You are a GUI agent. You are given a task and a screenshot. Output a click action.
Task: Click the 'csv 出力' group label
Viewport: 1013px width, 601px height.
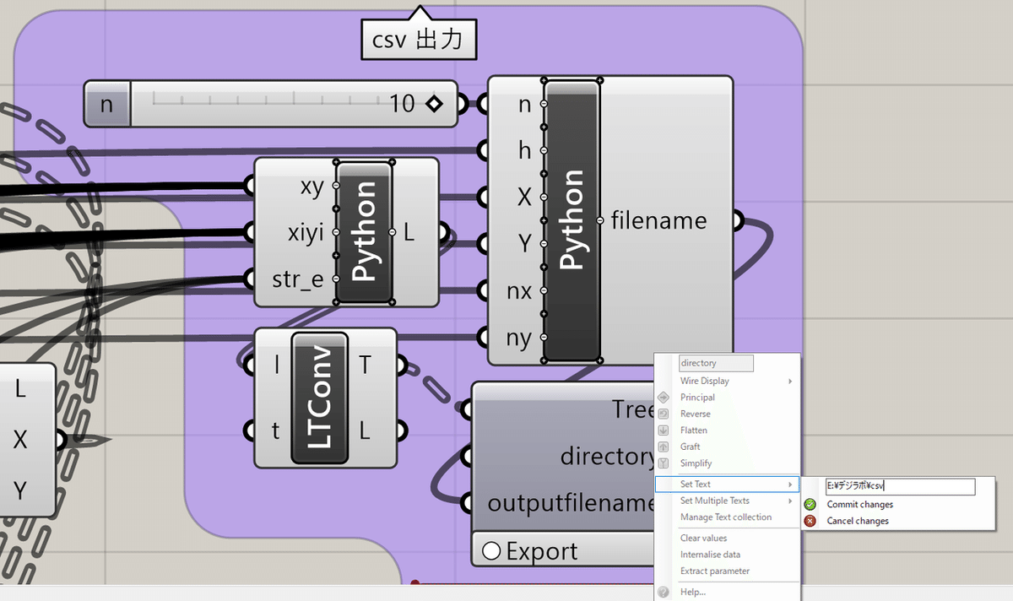[418, 39]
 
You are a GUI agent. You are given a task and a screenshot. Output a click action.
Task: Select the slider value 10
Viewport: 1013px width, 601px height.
[403, 104]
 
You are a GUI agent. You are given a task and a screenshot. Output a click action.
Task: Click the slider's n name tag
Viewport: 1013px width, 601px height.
[106, 105]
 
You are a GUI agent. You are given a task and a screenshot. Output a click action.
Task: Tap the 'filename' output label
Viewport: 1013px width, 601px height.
[658, 220]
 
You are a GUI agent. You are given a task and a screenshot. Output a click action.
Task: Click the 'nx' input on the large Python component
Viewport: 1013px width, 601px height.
[518, 291]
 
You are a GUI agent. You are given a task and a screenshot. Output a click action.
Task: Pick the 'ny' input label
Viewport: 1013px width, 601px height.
[518, 338]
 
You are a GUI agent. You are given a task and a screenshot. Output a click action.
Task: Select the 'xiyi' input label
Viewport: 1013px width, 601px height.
[305, 232]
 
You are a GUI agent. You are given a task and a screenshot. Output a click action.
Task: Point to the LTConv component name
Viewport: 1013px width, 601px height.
[319, 398]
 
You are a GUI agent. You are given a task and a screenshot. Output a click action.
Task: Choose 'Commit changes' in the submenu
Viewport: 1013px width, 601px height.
[859, 505]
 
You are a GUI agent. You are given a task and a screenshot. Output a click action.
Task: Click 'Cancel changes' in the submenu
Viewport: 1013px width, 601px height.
[858, 521]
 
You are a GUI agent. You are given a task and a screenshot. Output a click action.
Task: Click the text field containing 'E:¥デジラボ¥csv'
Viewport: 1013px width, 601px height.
[899, 486]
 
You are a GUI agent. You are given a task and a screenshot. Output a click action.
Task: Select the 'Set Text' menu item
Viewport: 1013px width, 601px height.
[696, 485]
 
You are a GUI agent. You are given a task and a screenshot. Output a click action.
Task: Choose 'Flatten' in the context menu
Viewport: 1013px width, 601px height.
[694, 430]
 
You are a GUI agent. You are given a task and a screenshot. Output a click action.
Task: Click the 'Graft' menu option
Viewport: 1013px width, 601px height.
[691, 447]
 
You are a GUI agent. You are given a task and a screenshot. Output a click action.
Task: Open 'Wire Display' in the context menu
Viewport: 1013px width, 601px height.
[705, 381]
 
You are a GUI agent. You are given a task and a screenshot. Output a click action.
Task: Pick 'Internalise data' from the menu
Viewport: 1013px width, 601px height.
[710, 555]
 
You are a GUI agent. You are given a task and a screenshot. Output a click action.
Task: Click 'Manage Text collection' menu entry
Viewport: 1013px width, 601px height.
[726, 517]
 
